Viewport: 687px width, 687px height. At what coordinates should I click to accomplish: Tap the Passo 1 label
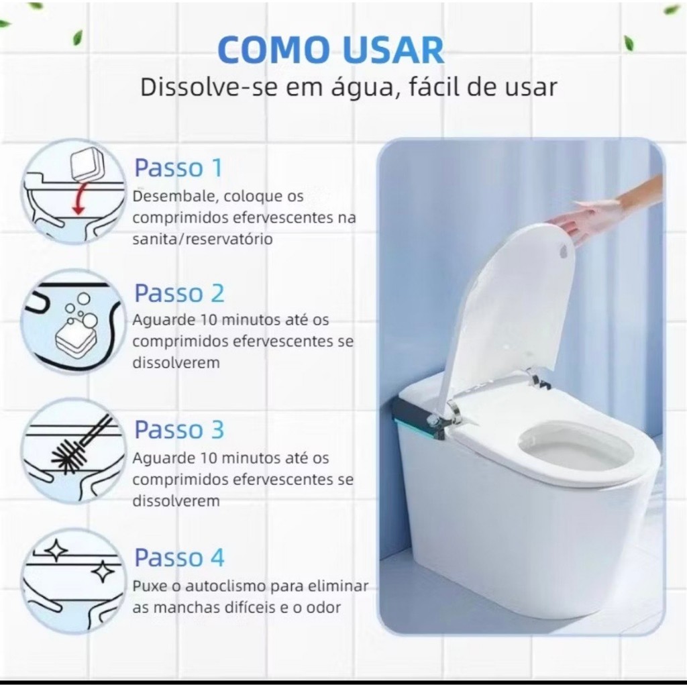coord(178,167)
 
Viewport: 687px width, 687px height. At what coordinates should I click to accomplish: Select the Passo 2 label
coord(179,293)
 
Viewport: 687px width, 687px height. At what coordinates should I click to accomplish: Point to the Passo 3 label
coord(179,429)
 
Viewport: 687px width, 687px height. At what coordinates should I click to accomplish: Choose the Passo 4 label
coord(179,557)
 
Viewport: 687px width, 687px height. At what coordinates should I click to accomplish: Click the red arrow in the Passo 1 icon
coord(79,199)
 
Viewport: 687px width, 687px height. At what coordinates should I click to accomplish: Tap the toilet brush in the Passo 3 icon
coord(82,445)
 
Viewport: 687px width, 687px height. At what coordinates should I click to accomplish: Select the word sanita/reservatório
coord(203,240)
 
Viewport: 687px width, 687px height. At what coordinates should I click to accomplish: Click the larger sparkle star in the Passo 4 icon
coord(103,571)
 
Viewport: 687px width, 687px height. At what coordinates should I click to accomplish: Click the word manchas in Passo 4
coord(186,607)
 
